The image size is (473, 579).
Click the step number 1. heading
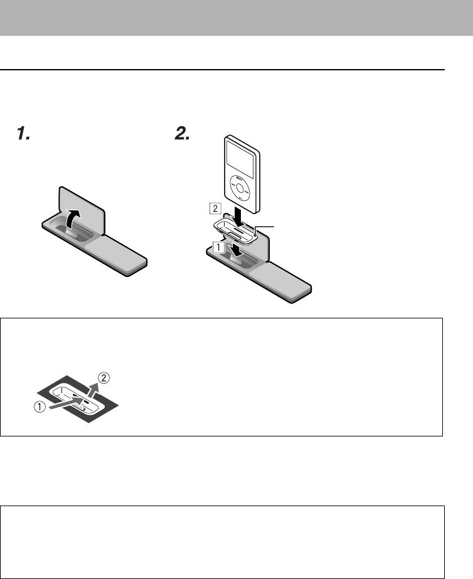click(x=23, y=133)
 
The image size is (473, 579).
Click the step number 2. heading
click(x=181, y=133)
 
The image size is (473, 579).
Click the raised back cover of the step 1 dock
click(x=82, y=201)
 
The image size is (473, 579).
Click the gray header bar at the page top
click(x=236, y=18)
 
